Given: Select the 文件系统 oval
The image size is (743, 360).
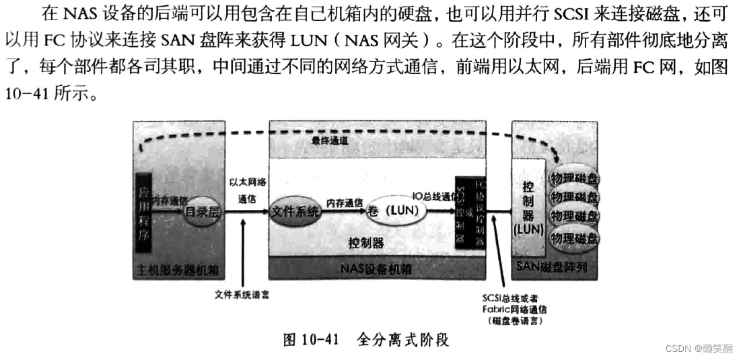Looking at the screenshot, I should [295, 210].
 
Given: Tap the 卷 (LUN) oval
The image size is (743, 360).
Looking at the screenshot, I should [397, 210].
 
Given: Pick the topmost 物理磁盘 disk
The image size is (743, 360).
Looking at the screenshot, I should [574, 178].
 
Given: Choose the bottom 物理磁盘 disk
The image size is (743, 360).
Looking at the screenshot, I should [574, 238].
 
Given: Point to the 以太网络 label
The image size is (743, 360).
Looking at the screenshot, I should [248, 182].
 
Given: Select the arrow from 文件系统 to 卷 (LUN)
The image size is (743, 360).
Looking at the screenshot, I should [343, 211].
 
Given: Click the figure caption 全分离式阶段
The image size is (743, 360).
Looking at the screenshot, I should [402, 340].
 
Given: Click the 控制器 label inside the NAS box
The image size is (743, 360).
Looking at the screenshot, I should [367, 242].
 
